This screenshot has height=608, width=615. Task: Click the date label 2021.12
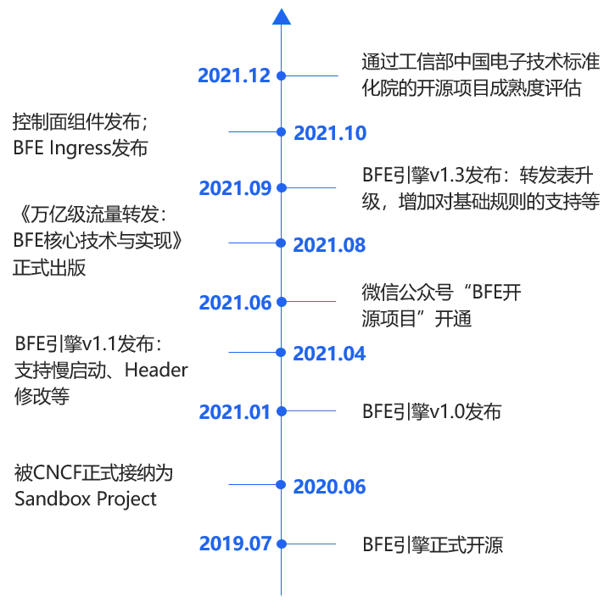[x=234, y=75]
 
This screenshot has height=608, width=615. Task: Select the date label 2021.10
[x=329, y=133]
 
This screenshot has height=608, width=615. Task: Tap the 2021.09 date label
[x=234, y=188]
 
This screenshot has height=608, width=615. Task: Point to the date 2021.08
[x=329, y=246]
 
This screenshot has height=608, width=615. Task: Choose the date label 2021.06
[x=234, y=303]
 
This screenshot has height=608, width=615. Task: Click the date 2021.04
[x=329, y=354]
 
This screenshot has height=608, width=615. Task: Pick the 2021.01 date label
[x=234, y=412]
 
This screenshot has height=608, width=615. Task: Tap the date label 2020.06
[x=329, y=488]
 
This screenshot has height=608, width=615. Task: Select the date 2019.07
[x=234, y=544]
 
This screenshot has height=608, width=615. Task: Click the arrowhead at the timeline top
[x=282, y=17]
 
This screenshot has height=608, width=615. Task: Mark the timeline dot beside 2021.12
[x=282, y=75]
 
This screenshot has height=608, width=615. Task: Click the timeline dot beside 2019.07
[x=282, y=544]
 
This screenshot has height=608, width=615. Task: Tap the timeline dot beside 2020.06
[x=282, y=486]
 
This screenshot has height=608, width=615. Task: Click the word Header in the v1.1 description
[x=156, y=371]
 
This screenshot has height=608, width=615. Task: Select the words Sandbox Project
[x=85, y=499]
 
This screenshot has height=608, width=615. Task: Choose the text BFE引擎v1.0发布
[x=431, y=412]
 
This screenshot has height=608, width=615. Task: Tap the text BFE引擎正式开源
[x=432, y=544]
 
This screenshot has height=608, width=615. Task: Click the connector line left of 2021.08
[x=254, y=243]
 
